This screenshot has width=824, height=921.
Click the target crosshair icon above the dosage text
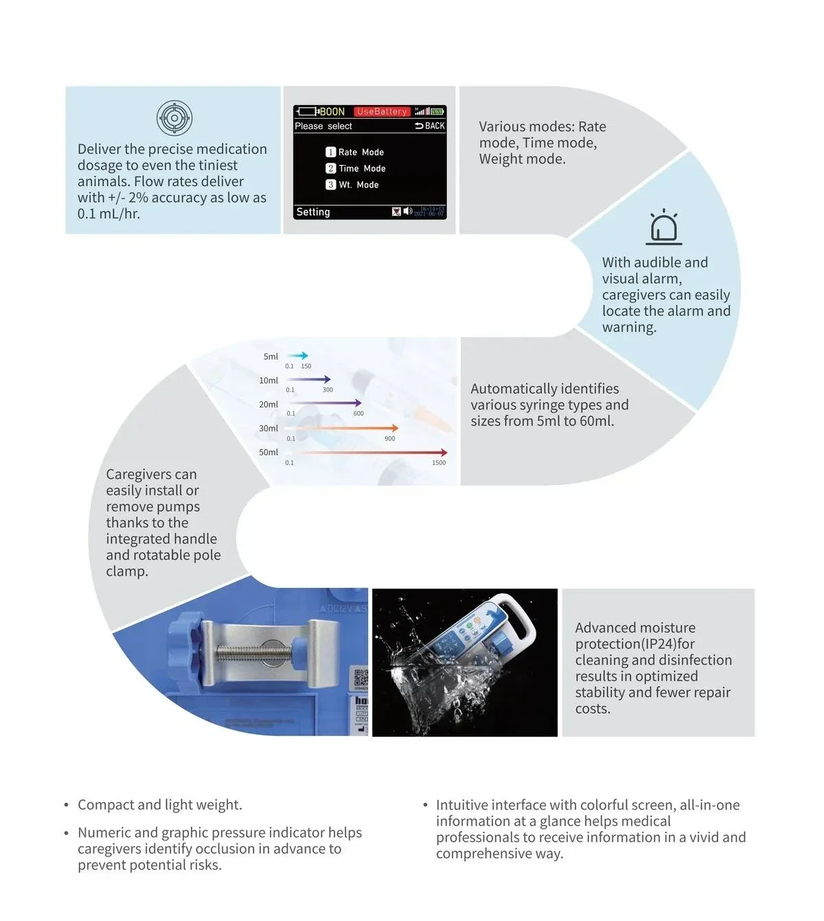[174, 118]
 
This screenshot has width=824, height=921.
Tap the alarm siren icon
[664, 227]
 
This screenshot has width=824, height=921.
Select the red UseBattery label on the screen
[382, 111]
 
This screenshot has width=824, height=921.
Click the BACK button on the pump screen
[431, 126]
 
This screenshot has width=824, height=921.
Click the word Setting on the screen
[313, 212]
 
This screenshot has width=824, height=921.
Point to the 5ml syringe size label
[271, 356]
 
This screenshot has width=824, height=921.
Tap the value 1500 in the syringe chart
[439, 463]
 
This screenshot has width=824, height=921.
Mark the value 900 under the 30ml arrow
[389, 439]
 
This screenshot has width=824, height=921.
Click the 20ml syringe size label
[268, 405]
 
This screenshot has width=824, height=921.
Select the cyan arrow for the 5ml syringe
[297, 356]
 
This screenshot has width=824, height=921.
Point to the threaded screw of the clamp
[253, 653]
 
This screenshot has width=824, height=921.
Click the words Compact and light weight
[160, 805]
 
